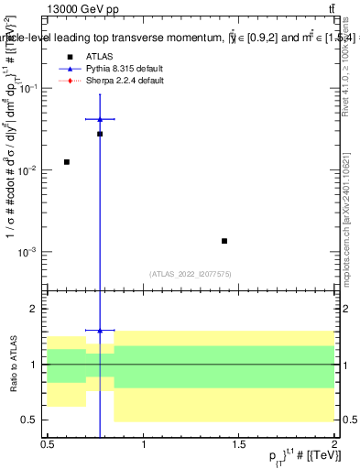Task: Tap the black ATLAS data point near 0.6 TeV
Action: tap(66, 162)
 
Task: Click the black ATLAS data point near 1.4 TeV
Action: tap(224, 241)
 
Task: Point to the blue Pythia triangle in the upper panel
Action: tap(100, 119)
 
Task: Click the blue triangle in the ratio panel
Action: tap(100, 330)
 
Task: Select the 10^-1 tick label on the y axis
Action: tap(29, 89)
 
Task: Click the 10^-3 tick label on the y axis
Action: tap(29, 252)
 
